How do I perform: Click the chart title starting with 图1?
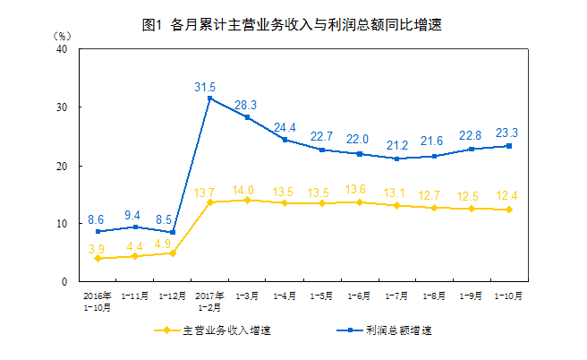[x=293, y=25]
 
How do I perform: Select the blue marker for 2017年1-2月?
[x=209, y=99]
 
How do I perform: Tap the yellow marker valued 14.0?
[x=247, y=200]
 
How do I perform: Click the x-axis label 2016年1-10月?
[x=98, y=299]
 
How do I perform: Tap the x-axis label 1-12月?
[x=172, y=295]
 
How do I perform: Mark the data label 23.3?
[x=507, y=133]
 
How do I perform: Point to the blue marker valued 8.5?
[x=172, y=232]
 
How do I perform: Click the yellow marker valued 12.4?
[x=509, y=210]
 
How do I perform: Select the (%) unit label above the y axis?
[x=61, y=35]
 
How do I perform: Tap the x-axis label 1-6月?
[x=360, y=295]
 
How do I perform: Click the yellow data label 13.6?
[x=360, y=189]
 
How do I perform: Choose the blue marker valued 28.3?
[x=247, y=117]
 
